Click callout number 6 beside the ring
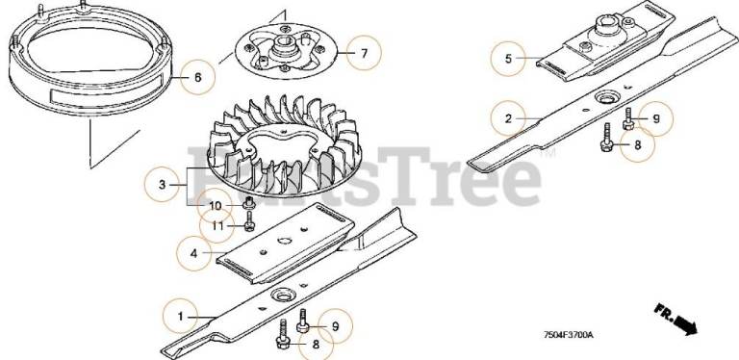pos(197,77)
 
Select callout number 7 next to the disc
pos(364,53)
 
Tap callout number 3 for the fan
pos(162,185)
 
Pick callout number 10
pos(215,206)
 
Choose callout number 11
pos(217,226)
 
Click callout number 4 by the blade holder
pos(193,253)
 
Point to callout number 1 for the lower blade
pos(181,317)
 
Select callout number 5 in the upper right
pos(508,59)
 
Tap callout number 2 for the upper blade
pos(508,118)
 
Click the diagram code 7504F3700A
pos(568,335)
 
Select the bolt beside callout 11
pos(249,222)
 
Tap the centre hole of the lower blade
pos(282,296)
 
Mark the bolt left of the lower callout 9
pos(302,321)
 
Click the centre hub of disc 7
pos(286,47)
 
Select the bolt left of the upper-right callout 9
pos(627,118)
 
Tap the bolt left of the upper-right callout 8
pos(606,138)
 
